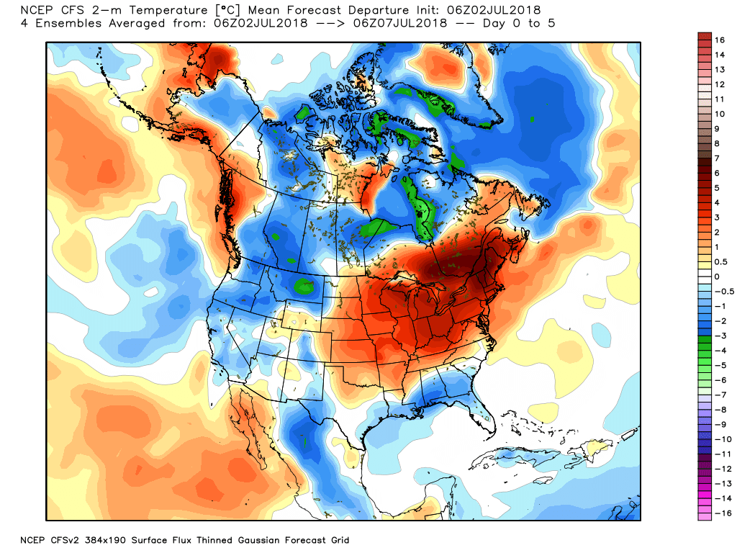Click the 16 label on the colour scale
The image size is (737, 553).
719,40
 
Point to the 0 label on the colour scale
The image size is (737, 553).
717,276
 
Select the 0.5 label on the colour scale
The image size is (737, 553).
720,262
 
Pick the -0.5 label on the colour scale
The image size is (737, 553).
722,292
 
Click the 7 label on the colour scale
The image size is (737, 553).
717,158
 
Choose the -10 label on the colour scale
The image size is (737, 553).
722,439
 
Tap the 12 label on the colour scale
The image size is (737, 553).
719,84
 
